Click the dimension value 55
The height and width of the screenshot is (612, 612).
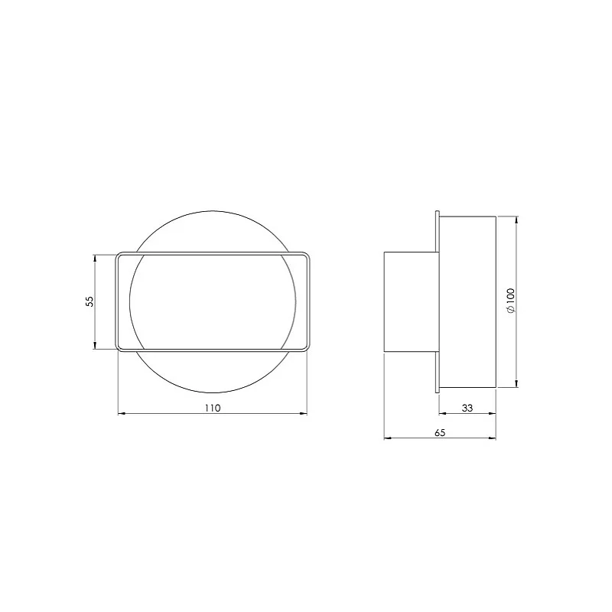(90, 301)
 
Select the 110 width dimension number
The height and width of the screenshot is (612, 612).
(212, 408)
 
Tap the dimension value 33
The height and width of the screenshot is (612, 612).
(467, 409)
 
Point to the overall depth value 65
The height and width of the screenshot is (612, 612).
(440, 432)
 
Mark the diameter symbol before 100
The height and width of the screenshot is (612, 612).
(511, 311)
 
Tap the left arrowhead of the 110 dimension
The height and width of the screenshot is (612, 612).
(121, 414)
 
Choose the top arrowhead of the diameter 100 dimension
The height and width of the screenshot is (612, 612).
(517, 219)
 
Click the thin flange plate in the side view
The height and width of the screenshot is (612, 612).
(437, 301)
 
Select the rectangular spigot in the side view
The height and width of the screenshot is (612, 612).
(409, 301)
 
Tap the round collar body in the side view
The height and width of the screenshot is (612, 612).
(468, 301)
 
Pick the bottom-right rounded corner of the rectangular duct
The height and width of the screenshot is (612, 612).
(308, 348)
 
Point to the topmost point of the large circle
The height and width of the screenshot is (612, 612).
(212, 210)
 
